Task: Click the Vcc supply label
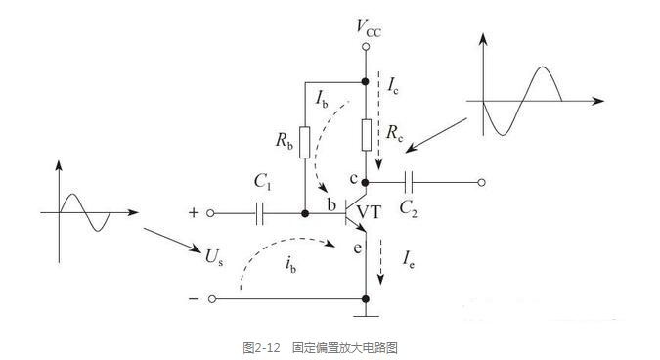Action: click(369, 28)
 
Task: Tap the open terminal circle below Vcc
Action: click(366, 46)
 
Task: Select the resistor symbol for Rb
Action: click(305, 142)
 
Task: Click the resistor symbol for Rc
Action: click(367, 135)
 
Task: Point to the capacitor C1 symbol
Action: click(259, 214)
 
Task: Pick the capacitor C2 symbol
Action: click(409, 182)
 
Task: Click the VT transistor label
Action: click(369, 211)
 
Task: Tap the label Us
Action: click(214, 257)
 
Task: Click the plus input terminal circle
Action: click(210, 213)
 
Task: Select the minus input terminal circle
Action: click(212, 299)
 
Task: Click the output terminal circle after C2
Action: click(481, 182)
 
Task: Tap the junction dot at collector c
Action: click(366, 182)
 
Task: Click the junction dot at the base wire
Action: click(305, 214)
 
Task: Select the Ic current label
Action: click(393, 86)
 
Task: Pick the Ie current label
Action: click(409, 259)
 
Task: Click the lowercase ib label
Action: click(290, 265)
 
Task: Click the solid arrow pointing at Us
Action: click(172, 240)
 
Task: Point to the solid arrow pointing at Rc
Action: click(436, 135)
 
